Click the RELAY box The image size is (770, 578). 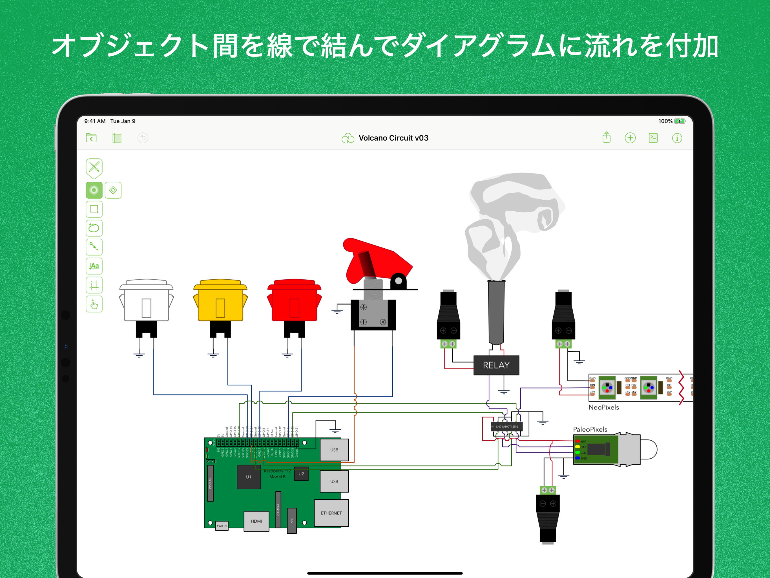[496, 365]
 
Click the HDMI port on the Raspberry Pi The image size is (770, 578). [256, 521]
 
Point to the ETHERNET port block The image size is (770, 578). [331, 513]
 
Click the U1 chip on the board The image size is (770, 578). [249, 477]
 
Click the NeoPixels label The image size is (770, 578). [604, 407]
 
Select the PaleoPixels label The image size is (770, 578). [590, 430]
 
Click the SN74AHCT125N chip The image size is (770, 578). [506, 426]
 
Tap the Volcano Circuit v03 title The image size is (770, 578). [393, 138]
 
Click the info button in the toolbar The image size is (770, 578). [677, 138]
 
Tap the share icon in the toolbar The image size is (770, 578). [607, 137]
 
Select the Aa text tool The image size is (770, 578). [94, 266]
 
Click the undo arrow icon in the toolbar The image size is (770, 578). [143, 138]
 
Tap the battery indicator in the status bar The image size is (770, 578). [680, 121]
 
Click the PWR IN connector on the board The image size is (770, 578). [222, 525]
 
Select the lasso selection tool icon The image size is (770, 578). [94, 228]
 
